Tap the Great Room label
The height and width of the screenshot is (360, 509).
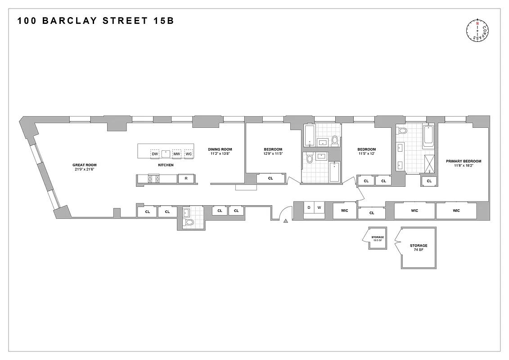(x=85, y=165)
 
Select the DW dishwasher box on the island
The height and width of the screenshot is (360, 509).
(x=155, y=154)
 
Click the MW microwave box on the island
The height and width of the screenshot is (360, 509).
(x=176, y=154)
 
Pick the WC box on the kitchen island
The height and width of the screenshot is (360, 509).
(x=189, y=154)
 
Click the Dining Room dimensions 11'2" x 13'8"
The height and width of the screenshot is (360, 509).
(x=220, y=154)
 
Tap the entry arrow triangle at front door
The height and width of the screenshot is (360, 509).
(x=286, y=220)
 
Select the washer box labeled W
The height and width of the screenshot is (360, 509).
(x=319, y=207)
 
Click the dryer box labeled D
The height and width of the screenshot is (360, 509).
(x=309, y=207)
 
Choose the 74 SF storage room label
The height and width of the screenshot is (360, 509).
(x=419, y=248)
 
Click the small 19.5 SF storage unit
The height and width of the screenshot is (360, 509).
(x=377, y=238)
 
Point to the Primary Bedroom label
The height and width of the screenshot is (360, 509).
(x=464, y=161)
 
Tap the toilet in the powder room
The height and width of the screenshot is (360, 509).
(x=189, y=222)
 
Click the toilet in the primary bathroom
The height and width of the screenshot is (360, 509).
(x=402, y=131)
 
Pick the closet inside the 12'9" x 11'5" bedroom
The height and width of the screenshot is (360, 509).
(x=270, y=178)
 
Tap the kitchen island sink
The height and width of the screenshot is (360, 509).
(x=166, y=153)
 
